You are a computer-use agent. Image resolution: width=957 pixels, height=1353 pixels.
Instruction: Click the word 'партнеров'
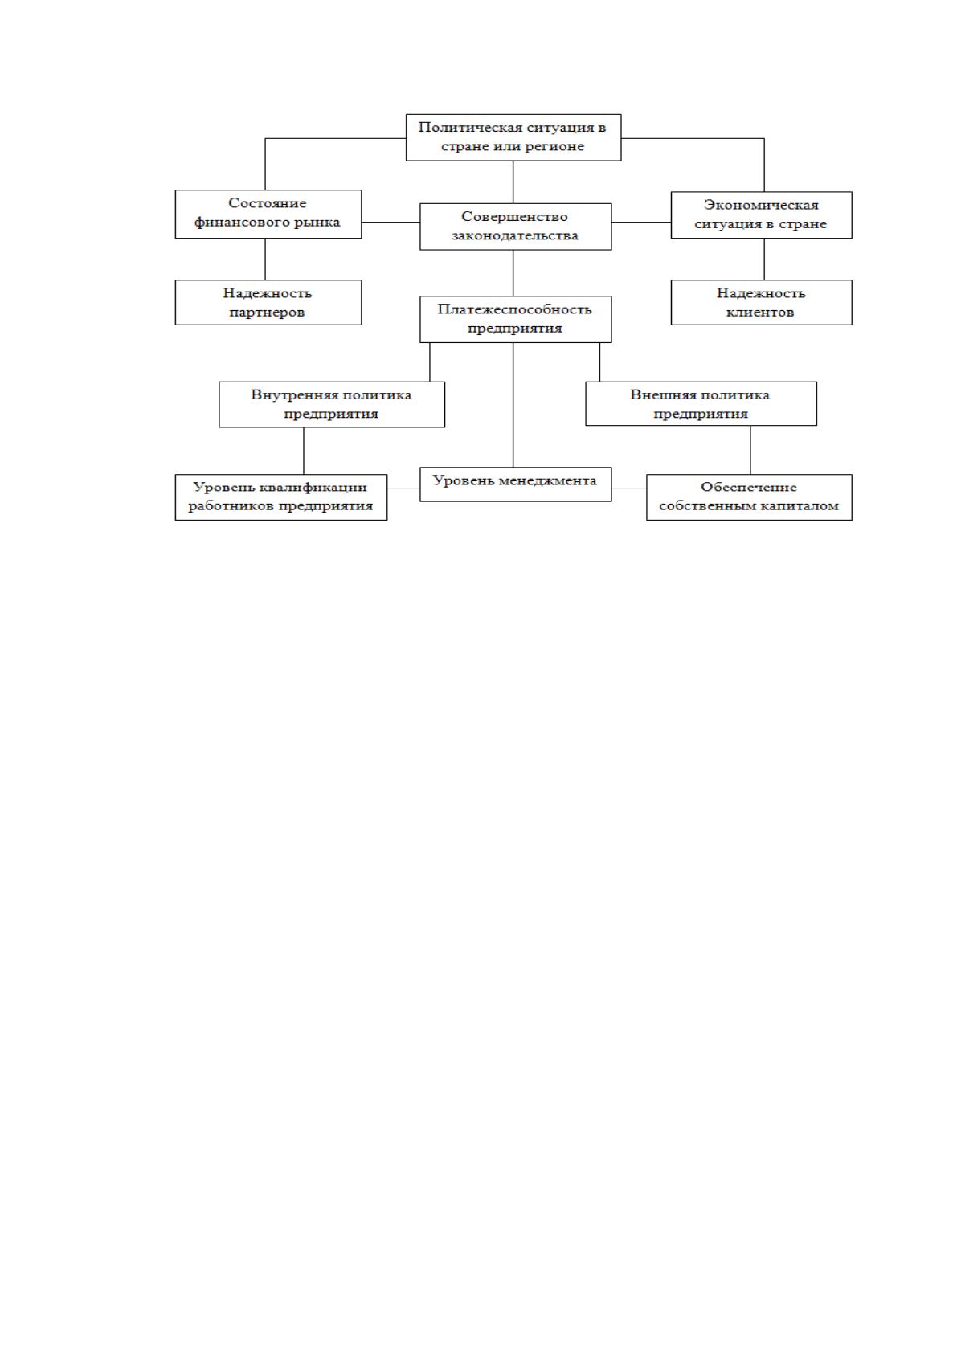pos(267,313)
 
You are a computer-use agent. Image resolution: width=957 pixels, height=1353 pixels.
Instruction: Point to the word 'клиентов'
pos(760,313)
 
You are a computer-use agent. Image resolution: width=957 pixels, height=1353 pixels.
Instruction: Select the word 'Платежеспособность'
pos(515,309)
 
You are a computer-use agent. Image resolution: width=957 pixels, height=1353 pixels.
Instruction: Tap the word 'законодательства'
pos(515,235)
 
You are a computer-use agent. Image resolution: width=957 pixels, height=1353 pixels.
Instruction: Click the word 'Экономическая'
pos(761,206)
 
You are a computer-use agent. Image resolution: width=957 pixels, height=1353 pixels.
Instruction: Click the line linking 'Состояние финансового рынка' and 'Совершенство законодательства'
pos(391,223)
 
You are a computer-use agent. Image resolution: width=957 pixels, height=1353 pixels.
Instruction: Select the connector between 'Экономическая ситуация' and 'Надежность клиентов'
pos(764,260)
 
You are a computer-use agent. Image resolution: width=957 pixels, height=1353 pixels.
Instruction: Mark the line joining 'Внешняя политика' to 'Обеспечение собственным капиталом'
pos(750,450)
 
